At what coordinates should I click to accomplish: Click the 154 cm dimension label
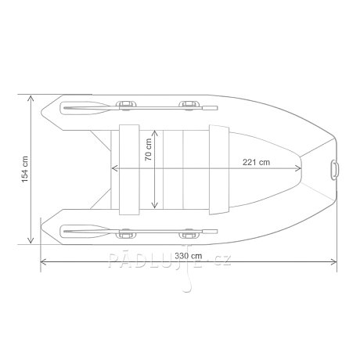click(x=25, y=169)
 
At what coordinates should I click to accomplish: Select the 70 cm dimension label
click(x=148, y=149)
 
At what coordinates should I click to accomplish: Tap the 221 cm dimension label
click(x=256, y=162)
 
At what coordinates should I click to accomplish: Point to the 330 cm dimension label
click(x=189, y=256)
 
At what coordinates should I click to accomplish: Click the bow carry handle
click(x=335, y=170)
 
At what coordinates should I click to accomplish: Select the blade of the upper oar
click(x=85, y=108)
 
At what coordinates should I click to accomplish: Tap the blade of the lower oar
click(x=85, y=232)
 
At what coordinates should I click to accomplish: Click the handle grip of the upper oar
click(x=210, y=108)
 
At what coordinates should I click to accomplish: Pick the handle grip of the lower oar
click(x=210, y=232)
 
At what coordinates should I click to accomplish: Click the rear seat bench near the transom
click(x=129, y=170)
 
